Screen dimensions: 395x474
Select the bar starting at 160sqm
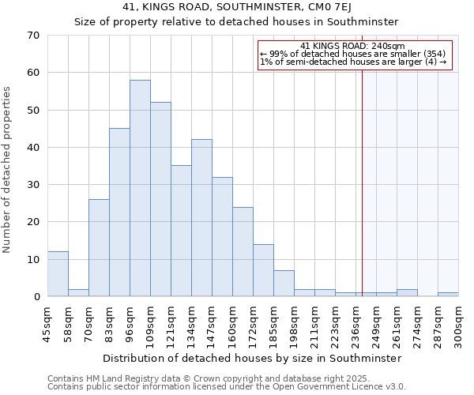[243, 251]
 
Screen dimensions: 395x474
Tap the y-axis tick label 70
[32, 36]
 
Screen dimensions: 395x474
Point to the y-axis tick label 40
[32, 148]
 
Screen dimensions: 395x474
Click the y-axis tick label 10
[32, 260]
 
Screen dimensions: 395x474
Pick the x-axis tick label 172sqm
[254, 325]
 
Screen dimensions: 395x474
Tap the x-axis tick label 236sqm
[356, 325]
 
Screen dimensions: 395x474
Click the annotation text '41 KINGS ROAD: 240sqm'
[353, 46]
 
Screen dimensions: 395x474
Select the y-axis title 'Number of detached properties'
[8, 170]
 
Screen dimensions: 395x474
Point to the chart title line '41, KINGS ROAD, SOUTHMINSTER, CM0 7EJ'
[236, 7]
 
